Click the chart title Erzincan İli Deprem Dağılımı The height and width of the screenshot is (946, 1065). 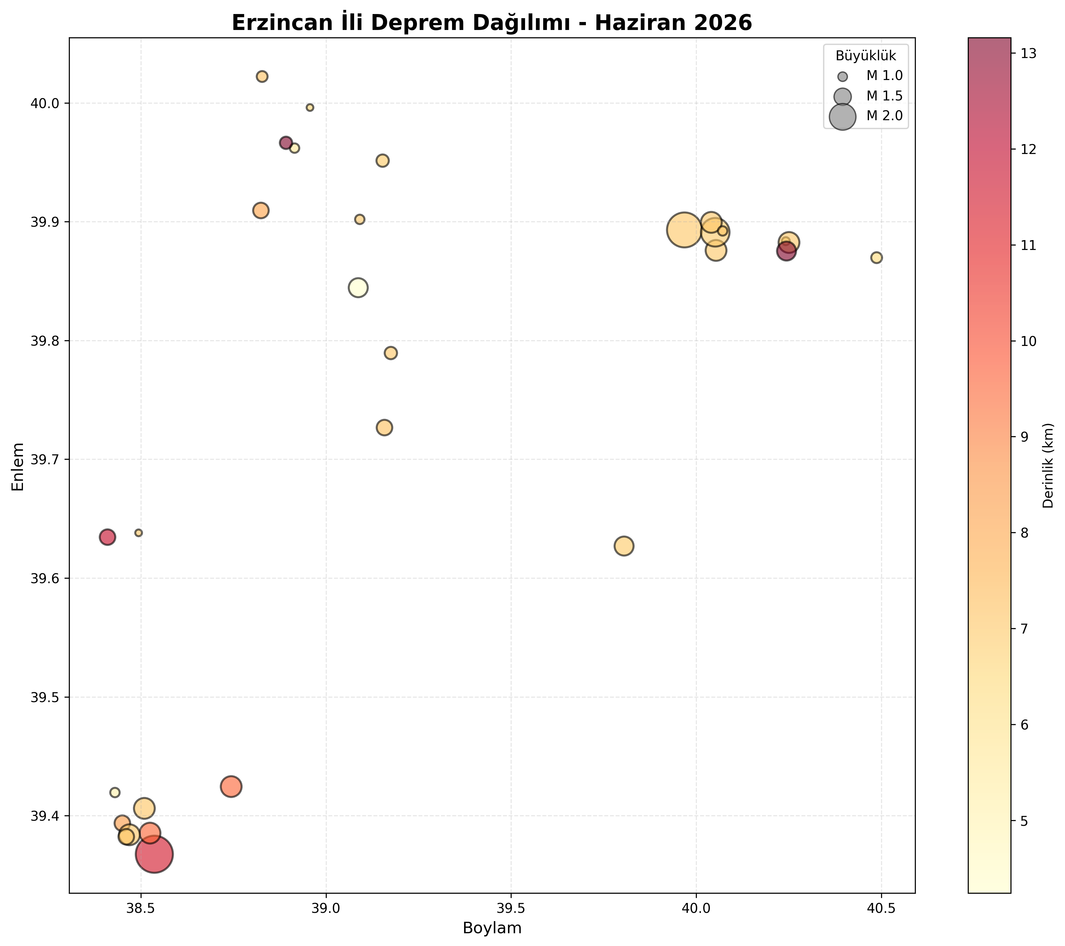point(416,23)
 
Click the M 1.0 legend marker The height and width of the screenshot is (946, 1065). point(843,77)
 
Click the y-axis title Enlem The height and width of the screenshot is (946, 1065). point(18,466)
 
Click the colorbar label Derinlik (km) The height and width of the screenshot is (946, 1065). point(1048,466)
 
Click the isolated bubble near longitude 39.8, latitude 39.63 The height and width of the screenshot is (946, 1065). point(624,546)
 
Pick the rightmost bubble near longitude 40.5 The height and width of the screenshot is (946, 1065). point(876,258)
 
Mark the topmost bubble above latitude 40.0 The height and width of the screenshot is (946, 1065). point(262,77)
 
